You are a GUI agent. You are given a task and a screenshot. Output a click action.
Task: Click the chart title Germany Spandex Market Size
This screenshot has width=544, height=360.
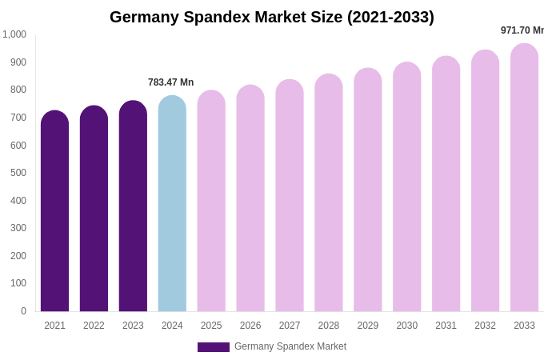(x=272, y=17)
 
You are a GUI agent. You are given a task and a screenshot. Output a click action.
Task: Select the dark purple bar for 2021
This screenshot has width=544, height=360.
(x=54, y=212)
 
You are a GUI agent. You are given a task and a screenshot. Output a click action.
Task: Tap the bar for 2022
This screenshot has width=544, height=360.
(x=94, y=210)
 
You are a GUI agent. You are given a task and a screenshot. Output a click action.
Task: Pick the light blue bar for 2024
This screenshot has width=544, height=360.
(x=172, y=204)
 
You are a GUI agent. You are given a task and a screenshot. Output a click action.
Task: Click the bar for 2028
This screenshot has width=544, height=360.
(x=329, y=194)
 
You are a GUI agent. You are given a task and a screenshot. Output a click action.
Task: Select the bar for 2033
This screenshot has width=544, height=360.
(x=524, y=178)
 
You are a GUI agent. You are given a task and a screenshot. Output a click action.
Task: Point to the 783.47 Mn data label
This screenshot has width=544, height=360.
(x=170, y=82)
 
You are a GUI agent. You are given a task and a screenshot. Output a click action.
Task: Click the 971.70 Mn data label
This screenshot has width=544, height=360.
(x=522, y=30)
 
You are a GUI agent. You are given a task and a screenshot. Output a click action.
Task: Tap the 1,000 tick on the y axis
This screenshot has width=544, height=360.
(x=14, y=34)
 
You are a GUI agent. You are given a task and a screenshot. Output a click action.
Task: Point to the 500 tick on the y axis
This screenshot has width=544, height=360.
(x=18, y=173)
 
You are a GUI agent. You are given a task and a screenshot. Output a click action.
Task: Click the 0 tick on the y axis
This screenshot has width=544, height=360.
(x=23, y=311)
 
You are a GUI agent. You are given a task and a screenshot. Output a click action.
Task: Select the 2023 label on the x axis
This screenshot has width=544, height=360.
(x=133, y=326)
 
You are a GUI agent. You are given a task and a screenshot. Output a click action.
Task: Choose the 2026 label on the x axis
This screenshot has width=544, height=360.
(x=250, y=326)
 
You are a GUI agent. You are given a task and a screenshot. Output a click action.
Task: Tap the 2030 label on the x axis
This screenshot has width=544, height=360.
(x=406, y=326)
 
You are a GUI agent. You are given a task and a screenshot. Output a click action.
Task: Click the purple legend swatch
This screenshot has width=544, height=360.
(x=213, y=347)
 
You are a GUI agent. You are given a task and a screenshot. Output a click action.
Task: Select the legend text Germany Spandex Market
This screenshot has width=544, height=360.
(x=290, y=346)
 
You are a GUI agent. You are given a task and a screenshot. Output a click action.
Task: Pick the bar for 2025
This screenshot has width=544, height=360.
(x=211, y=202)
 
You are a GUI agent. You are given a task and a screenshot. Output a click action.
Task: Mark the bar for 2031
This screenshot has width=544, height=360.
(x=446, y=185)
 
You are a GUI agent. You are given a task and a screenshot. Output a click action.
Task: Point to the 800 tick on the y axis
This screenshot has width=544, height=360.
(x=18, y=90)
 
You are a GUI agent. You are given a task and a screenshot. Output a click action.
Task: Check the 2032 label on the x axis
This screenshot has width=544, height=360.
(x=485, y=326)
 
